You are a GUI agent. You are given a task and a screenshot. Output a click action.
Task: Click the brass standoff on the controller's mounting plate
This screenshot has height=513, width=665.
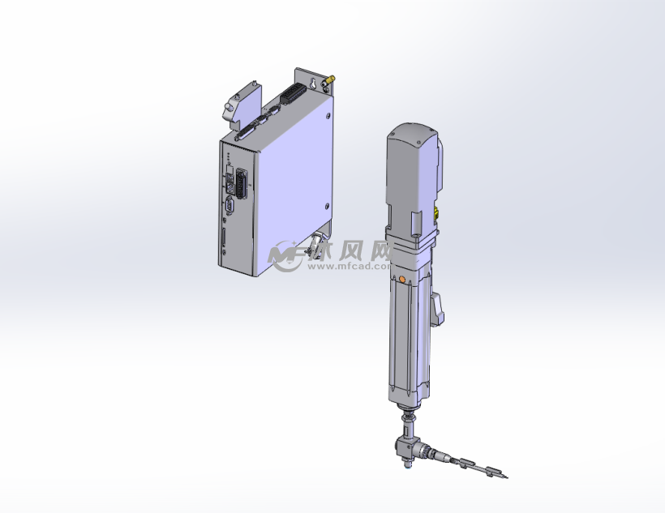point(330,80)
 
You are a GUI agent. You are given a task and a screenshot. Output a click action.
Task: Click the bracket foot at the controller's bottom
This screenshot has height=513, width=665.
point(314,244)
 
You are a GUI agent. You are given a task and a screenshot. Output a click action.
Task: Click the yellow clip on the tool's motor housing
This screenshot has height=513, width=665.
point(435,214)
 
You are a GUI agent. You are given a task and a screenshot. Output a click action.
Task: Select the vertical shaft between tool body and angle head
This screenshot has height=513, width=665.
point(407,421)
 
